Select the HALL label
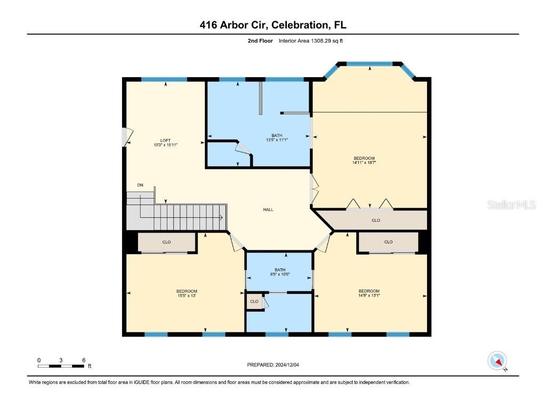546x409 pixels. click(x=268, y=209)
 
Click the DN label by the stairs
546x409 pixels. click(x=140, y=185)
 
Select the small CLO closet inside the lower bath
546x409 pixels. click(x=254, y=301)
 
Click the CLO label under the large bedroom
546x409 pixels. click(x=375, y=219)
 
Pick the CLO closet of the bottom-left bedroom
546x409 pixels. click(x=166, y=242)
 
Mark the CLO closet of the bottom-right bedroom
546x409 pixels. click(x=388, y=242)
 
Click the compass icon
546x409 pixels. click(x=497, y=361)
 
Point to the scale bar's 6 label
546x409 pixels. click(x=84, y=361)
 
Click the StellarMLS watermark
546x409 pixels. click(x=511, y=205)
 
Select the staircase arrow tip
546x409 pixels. click(x=221, y=217)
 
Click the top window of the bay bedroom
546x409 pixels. click(x=370, y=64)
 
